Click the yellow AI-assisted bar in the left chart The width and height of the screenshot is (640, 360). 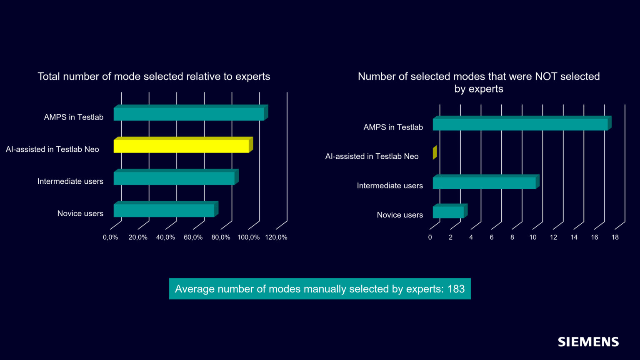click(x=183, y=145)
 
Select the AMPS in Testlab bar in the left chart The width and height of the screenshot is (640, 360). click(x=190, y=112)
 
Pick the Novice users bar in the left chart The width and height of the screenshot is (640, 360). click(x=166, y=209)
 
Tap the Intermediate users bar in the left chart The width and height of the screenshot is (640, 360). click(x=176, y=177)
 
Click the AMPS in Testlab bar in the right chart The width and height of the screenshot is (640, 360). click(x=522, y=123)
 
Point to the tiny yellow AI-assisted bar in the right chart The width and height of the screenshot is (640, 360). click(x=435, y=152)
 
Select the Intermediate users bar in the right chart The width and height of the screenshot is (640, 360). click(x=486, y=182)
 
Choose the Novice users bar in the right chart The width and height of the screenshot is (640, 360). click(x=450, y=211)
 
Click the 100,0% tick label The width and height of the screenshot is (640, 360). click(x=248, y=237)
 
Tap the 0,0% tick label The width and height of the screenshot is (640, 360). click(x=110, y=237)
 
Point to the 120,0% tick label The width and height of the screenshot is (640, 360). click(x=276, y=237)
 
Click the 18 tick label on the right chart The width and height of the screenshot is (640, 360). click(x=615, y=237)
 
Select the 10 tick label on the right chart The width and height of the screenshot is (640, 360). click(x=532, y=237)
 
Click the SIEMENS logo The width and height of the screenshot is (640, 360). click(x=588, y=342)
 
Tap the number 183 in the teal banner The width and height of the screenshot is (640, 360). click(x=456, y=289)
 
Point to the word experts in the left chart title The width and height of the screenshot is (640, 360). click(x=252, y=77)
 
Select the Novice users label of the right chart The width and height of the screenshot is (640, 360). click(x=400, y=215)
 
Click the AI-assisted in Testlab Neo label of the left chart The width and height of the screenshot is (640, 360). click(x=52, y=149)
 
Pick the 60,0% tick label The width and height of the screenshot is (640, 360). click(x=193, y=237)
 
